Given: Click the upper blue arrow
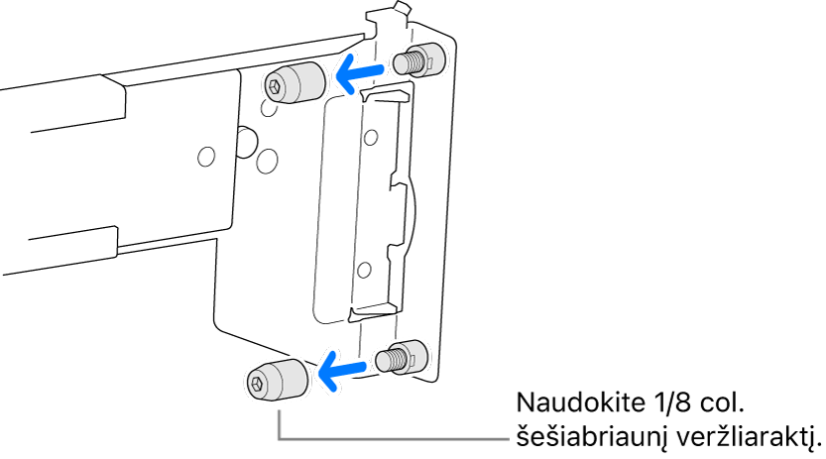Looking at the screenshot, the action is point(359,73).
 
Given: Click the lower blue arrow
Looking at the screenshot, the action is point(342,369).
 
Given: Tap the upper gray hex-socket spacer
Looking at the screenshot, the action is point(295,83).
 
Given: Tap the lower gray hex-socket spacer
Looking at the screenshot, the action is point(277,380).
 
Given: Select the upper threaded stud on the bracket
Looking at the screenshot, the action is point(418,60).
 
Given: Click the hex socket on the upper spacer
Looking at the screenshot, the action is point(274,86).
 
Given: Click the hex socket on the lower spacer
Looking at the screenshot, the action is point(257,384).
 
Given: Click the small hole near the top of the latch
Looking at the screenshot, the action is point(371,138).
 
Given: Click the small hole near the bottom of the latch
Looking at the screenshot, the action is point(364,271).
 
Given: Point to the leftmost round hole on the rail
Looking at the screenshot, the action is point(206,157).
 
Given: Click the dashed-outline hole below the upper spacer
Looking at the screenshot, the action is point(268,108).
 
